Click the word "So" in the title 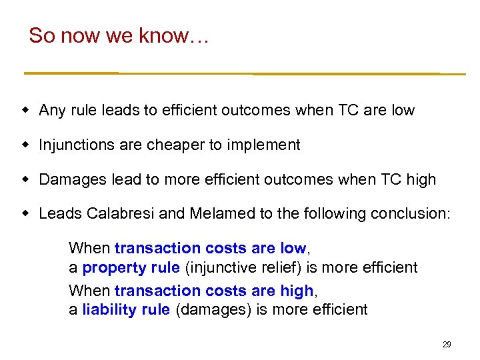(x=41, y=35)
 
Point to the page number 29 (x=447, y=345)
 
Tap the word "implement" (x=265, y=145)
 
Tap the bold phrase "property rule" (x=131, y=268)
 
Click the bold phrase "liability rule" (x=126, y=309)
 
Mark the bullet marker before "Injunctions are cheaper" (x=27, y=145)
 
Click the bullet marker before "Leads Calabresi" (x=27, y=214)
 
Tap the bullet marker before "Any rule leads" (x=27, y=110)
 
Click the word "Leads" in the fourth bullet (x=57, y=214)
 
